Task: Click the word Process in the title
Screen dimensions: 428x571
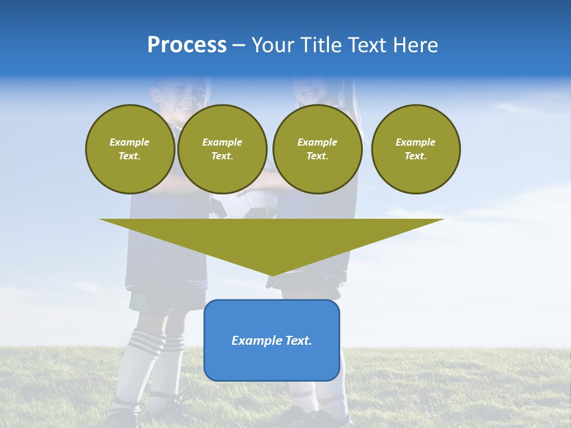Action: click(187, 45)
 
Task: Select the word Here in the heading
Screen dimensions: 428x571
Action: click(417, 45)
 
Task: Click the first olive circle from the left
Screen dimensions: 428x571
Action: click(130, 149)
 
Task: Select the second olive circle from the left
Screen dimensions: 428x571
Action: click(222, 149)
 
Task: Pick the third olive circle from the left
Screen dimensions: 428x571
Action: click(317, 149)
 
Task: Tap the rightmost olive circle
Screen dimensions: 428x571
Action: click(416, 149)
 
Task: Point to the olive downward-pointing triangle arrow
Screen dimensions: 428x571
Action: click(272, 241)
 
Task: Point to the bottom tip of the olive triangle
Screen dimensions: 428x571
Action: click(272, 275)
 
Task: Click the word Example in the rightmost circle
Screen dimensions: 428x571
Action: click(416, 142)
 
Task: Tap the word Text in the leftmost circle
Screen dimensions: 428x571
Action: click(129, 156)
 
